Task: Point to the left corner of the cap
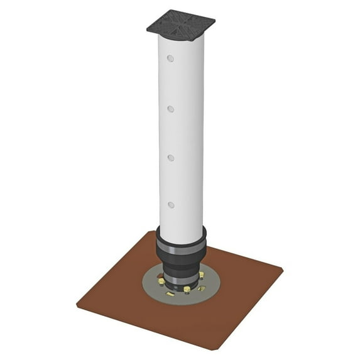149,28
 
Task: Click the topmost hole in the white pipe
170,58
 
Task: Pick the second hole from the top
170,109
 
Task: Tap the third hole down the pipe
170,157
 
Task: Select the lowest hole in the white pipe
170,204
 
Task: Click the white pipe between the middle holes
182,133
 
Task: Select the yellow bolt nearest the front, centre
187,289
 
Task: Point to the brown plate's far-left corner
77,305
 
